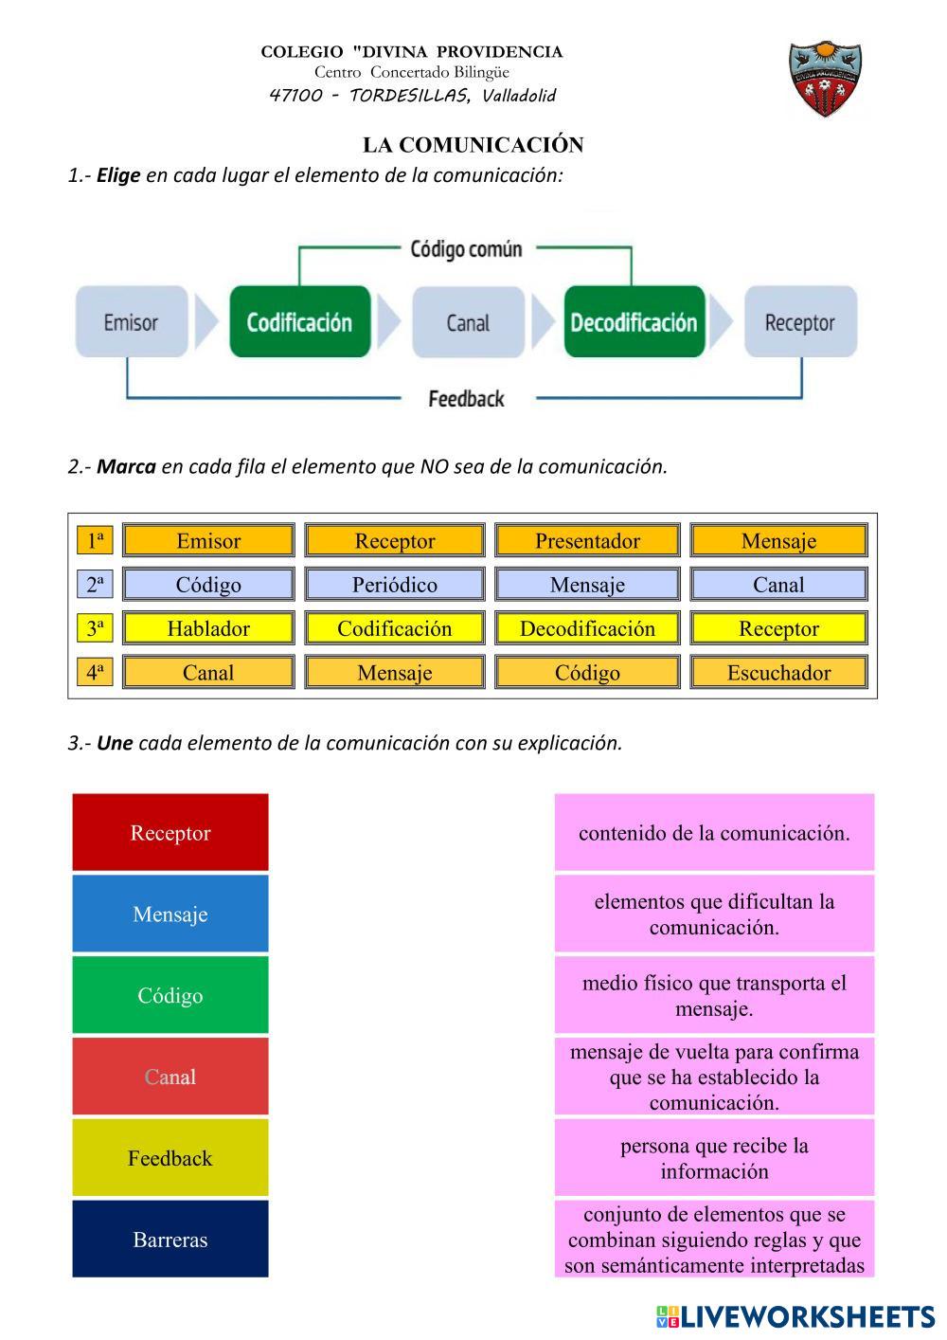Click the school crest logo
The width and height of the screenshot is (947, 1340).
[x=827, y=80]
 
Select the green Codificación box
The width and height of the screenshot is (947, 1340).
[x=299, y=322]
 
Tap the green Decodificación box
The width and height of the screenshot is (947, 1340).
[x=634, y=322]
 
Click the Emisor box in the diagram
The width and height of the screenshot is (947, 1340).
[x=131, y=322]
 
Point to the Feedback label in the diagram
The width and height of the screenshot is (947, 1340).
[x=466, y=399]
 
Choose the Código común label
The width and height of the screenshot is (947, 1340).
[x=466, y=249]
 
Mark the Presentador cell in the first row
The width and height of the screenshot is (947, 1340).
[x=587, y=541]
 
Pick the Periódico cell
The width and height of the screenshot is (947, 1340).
[x=395, y=585]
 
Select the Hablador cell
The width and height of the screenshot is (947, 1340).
[x=208, y=628]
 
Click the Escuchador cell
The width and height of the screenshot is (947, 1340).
[x=778, y=673]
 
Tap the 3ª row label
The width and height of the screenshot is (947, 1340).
[x=95, y=628]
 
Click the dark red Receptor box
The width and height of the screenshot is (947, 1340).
[x=170, y=833]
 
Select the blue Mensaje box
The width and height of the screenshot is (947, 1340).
[x=170, y=914]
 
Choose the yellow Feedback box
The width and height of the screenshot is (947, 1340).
[x=170, y=1158]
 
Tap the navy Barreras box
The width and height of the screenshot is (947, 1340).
[x=170, y=1240]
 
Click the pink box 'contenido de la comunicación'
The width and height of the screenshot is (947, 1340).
[x=714, y=833]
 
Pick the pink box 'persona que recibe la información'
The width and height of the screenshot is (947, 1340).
[x=714, y=1158]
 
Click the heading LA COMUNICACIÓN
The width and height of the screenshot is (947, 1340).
[x=473, y=145]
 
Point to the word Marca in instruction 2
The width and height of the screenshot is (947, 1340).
[x=126, y=466]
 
